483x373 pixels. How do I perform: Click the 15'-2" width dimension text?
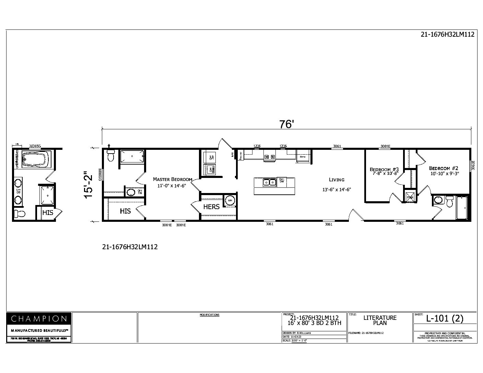pyautogui.click(x=89, y=184)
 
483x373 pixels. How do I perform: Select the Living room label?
pyautogui.click(x=337, y=180)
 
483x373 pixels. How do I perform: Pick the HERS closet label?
pyautogui.click(x=211, y=207)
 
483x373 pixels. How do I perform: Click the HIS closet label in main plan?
pyautogui.click(x=125, y=211)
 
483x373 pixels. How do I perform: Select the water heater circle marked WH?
pyautogui.click(x=230, y=201)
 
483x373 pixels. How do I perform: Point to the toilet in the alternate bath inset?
pyautogui.click(x=20, y=214)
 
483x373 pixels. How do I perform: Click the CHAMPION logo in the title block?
pyautogui.click(x=39, y=318)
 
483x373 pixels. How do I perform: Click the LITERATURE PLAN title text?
pyautogui.click(x=380, y=320)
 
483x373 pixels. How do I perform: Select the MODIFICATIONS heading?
pyautogui.click(x=209, y=315)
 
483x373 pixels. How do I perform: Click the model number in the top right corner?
pyautogui.click(x=447, y=34)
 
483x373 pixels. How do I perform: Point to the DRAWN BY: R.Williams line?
pyautogui.click(x=297, y=333)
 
